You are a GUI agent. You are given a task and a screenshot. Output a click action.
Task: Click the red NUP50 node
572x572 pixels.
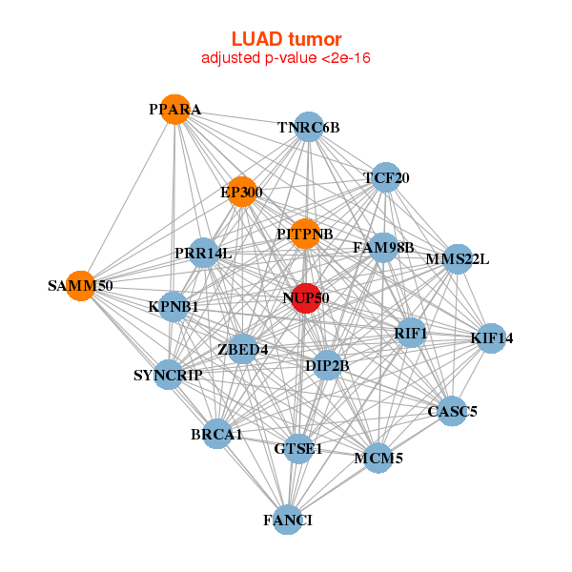click(x=305, y=298)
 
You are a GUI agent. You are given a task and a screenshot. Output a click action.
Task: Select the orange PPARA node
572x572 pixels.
click(x=174, y=110)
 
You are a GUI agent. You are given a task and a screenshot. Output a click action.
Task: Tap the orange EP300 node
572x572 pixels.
click(x=242, y=192)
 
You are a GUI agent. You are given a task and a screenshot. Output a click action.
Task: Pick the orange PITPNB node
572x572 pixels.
click(x=304, y=234)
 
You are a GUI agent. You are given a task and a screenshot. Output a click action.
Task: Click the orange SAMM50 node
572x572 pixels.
click(x=81, y=285)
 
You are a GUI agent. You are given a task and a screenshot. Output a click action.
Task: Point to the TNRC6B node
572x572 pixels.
click(x=308, y=127)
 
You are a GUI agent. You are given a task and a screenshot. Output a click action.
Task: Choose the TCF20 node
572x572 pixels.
click(x=385, y=177)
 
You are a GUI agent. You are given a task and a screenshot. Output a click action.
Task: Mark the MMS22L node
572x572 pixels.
click(x=458, y=258)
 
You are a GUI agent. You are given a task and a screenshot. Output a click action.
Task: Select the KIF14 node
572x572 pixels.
click(x=491, y=337)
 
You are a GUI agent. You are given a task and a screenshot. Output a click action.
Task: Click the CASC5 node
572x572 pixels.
click(x=452, y=412)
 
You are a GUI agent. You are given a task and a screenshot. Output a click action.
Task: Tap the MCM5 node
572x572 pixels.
click(x=378, y=458)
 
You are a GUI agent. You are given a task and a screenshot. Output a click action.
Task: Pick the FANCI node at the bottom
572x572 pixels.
click(x=288, y=520)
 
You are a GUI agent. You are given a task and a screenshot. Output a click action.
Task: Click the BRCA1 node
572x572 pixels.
click(x=217, y=434)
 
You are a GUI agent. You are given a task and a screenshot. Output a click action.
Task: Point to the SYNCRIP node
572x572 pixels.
click(x=169, y=375)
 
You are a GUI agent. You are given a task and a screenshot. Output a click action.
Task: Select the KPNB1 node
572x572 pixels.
click(x=174, y=307)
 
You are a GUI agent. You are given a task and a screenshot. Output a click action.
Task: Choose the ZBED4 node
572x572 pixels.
click(x=243, y=349)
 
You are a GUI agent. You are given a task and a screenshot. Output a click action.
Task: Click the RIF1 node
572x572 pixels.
click(x=411, y=333)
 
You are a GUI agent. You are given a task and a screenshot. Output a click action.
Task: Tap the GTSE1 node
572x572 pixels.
click(x=298, y=448)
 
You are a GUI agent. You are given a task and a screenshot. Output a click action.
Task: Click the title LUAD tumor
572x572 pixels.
click(x=286, y=39)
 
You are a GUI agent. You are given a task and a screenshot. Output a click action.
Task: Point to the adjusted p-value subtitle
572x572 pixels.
click(x=286, y=58)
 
